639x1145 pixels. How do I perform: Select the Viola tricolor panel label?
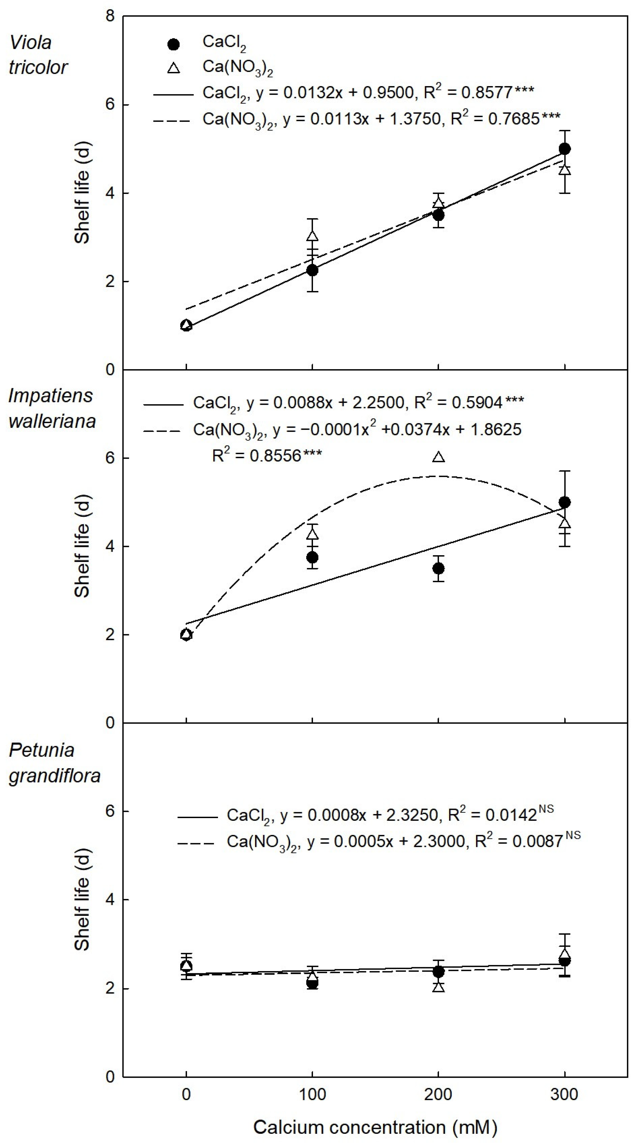pyautogui.click(x=38, y=55)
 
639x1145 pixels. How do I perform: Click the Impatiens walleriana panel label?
pyautogui.click(x=52, y=408)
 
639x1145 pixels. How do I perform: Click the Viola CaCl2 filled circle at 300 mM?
pyautogui.click(x=564, y=148)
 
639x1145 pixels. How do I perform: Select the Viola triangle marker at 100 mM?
pyautogui.click(x=313, y=236)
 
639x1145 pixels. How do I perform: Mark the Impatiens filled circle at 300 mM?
pyautogui.click(x=564, y=502)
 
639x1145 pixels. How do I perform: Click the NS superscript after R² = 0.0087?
pyautogui.click(x=573, y=835)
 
